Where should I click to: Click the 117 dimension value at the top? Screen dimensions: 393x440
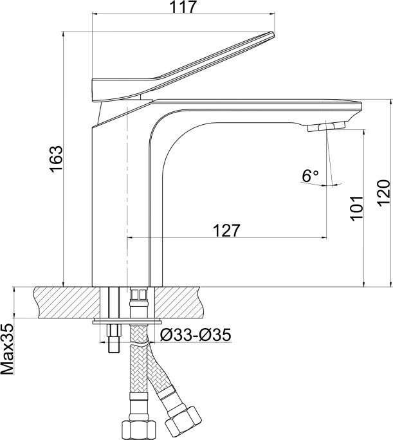coord(183,6)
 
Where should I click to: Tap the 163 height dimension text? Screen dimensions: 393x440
coord(55,159)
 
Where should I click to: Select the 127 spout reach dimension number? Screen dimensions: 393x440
coord(227,230)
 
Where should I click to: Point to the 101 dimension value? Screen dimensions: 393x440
coord(356,208)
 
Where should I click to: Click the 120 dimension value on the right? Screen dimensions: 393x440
coord(383,194)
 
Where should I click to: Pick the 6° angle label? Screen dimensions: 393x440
coord(310,176)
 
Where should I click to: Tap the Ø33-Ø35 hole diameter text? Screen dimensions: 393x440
coord(196,335)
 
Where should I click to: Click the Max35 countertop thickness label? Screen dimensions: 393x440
coord(7,349)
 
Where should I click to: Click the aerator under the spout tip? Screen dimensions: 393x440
coord(325,126)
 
